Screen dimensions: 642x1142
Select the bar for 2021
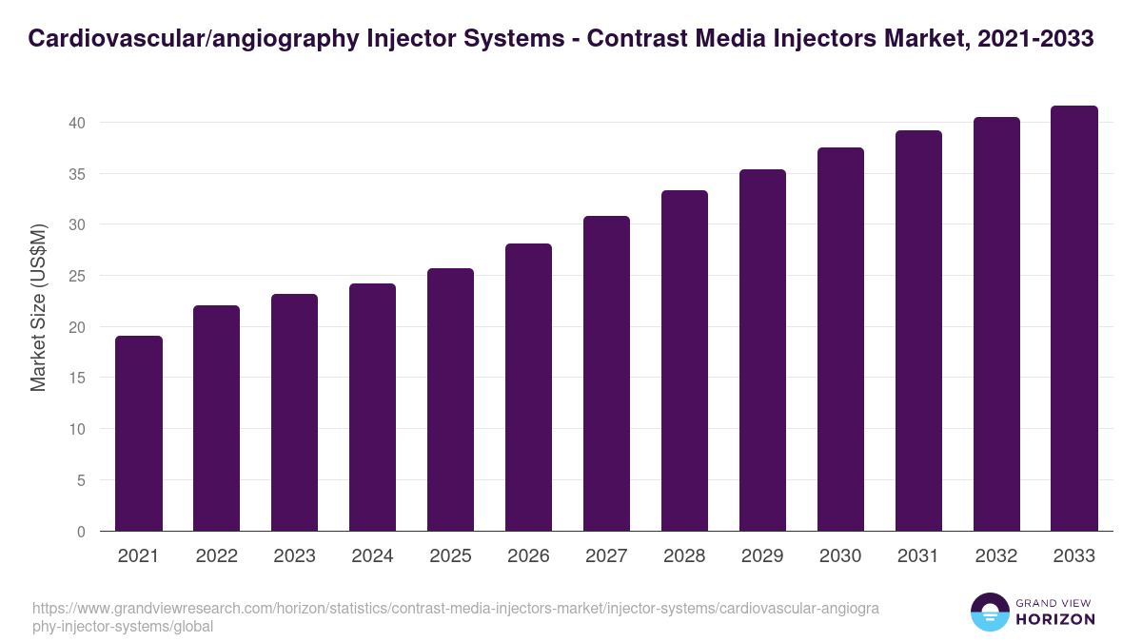tap(139, 434)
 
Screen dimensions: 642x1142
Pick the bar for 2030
tap(840, 340)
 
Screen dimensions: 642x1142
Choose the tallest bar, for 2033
tap(1074, 319)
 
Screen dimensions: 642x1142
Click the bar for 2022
tap(217, 418)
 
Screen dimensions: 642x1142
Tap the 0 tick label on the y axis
tap(81, 532)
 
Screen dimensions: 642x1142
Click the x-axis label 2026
tap(528, 556)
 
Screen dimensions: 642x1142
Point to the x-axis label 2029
tap(762, 556)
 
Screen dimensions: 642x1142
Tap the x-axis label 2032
tap(996, 556)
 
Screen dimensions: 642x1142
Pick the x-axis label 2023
tap(294, 556)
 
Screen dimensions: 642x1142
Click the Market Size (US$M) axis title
tap(39, 307)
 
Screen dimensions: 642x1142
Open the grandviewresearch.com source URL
tap(457, 616)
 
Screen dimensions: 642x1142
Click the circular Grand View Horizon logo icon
tap(990, 613)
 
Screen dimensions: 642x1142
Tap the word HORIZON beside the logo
tap(1056, 619)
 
